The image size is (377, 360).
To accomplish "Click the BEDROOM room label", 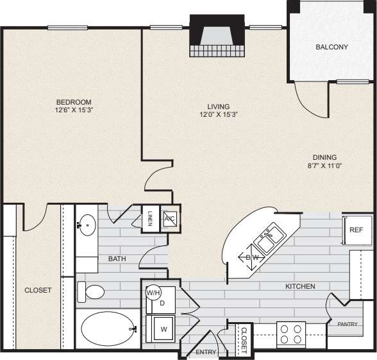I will click(x=73, y=102).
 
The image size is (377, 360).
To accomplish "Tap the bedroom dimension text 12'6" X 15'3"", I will click(x=73, y=110).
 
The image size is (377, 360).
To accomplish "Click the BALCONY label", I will click(x=331, y=47).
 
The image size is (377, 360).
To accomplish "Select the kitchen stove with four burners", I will click(x=292, y=334).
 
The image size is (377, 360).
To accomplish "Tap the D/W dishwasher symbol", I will click(x=251, y=258).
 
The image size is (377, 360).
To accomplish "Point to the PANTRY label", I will click(x=347, y=324).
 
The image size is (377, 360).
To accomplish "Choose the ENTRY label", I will click(x=206, y=352).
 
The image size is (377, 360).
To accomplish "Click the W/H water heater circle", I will click(x=154, y=293).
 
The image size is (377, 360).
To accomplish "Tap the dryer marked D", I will click(x=162, y=302).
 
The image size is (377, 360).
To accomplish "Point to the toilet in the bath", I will click(x=92, y=292).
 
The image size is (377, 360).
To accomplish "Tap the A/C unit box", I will click(x=170, y=218).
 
